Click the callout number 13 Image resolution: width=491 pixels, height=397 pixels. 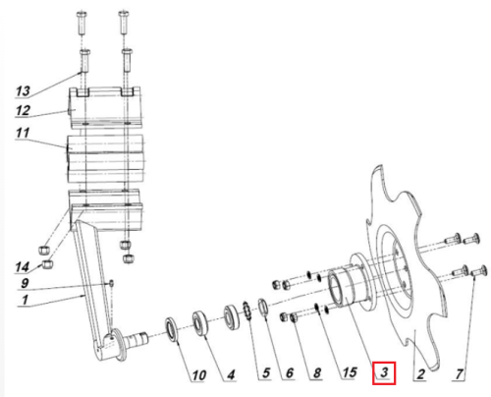point(23,90)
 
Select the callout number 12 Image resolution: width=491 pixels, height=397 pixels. point(23,110)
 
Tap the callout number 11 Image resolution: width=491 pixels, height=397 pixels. point(23,133)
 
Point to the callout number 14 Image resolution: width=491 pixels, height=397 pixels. point(22,267)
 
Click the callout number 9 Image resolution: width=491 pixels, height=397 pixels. point(25,283)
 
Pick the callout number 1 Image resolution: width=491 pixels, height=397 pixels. point(25,300)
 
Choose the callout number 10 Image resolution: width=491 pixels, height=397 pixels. point(198,375)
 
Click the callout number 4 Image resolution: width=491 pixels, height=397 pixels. point(231,374)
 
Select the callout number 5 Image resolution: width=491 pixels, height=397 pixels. point(266,372)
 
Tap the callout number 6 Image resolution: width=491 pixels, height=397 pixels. point(290,372)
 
